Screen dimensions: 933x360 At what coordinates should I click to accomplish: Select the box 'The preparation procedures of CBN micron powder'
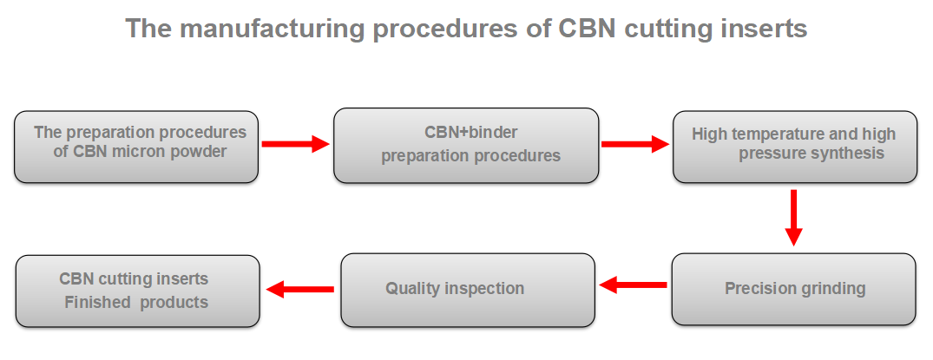[136, 147]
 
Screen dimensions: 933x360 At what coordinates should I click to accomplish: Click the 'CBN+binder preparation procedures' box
[466, 145]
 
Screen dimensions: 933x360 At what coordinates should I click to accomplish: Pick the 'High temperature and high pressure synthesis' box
[795, 147]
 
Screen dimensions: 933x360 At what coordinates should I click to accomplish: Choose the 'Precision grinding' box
[794, 289]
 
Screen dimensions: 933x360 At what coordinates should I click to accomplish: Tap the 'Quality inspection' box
[468, 290]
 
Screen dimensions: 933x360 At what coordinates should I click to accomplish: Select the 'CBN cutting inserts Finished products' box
[137, 291]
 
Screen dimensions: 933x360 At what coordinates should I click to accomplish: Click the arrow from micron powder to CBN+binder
[296, 143]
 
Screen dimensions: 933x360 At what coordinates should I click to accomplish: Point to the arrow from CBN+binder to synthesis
[635, 143]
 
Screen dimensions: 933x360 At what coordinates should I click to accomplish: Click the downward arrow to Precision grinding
[793, 218]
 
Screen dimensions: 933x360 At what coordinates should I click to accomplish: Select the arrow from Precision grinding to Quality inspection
[633, 285]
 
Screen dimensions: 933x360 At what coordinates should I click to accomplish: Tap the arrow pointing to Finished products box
[300, 289]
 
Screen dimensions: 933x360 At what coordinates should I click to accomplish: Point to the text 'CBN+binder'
[470, 132]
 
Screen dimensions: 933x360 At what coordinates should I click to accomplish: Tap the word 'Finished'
[97, 302]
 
